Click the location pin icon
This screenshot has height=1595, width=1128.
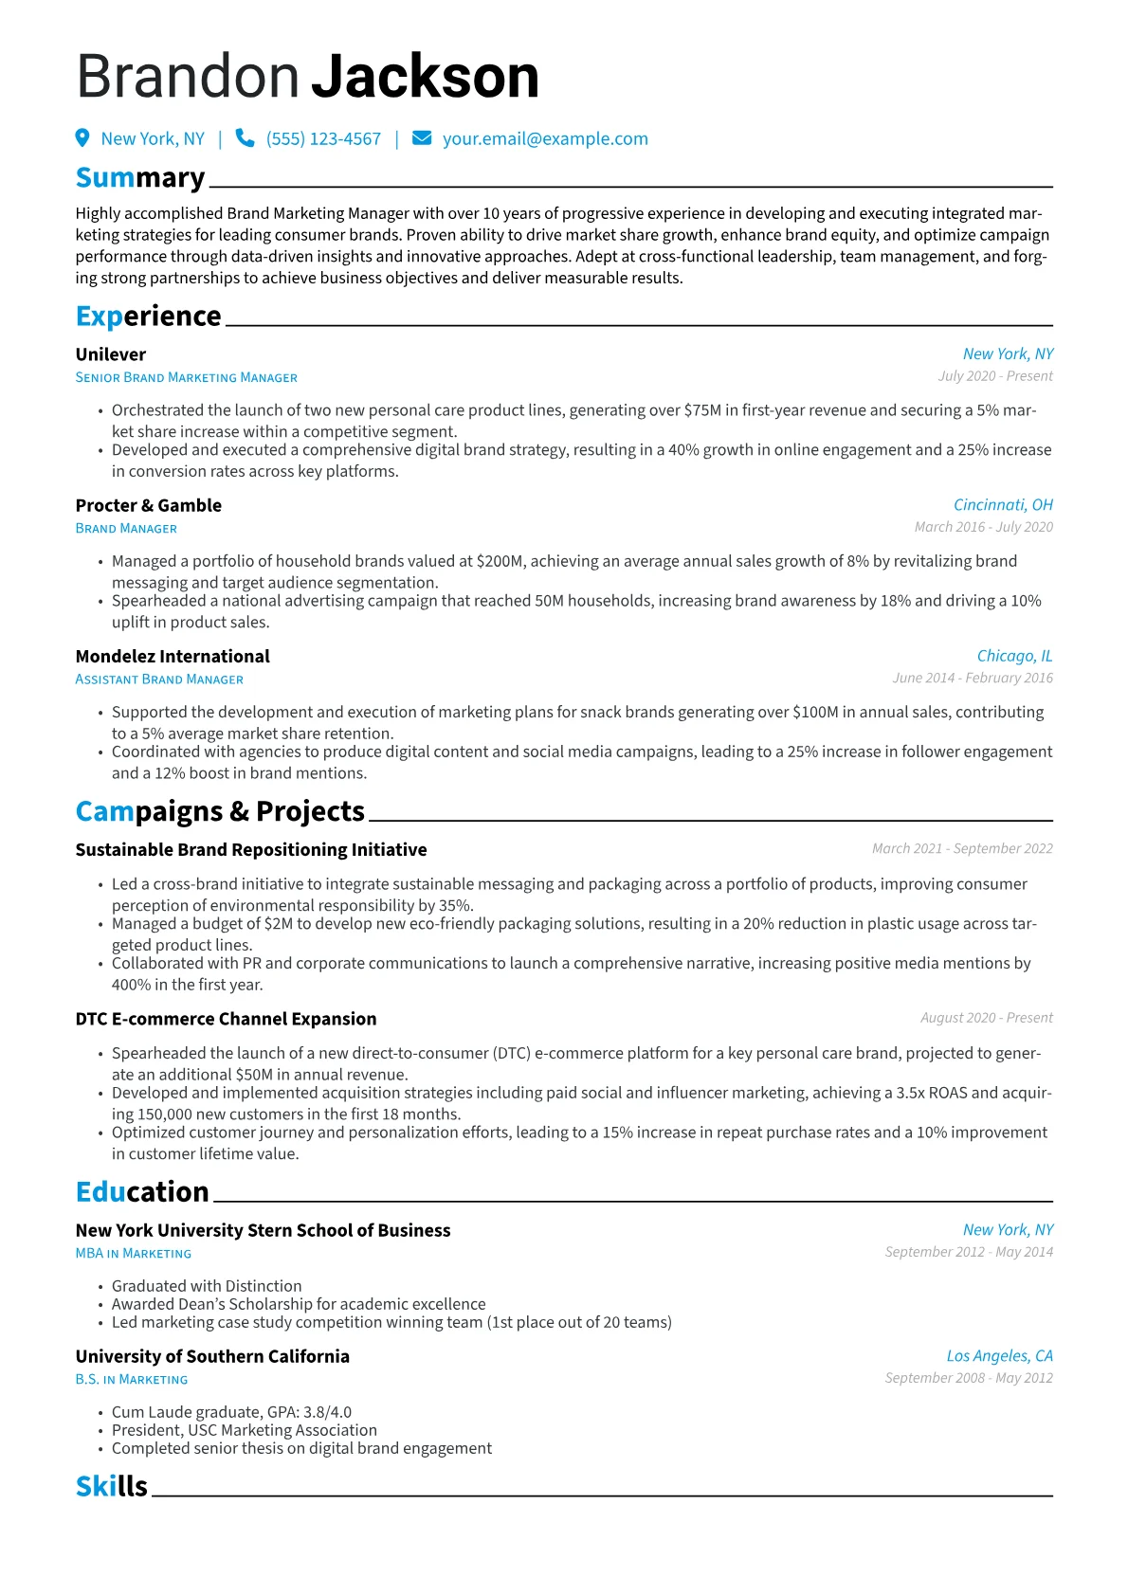click(82, 138)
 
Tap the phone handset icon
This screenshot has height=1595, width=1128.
click(245, 138)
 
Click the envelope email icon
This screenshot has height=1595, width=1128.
click(422, 138)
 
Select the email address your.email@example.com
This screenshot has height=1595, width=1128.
click(545, 139)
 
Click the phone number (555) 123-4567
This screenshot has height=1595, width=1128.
click(323, 139)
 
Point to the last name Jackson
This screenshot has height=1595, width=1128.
click(426, 77)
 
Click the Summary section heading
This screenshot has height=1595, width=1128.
click(140, 178)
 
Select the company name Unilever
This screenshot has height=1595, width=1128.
click(111, 354)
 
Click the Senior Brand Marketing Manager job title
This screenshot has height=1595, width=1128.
click(187, 377)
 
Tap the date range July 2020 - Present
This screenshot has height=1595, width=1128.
click(995, 376)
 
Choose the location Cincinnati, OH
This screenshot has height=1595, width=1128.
click(1003, 505)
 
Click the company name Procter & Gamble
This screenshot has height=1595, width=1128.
click(149, 505)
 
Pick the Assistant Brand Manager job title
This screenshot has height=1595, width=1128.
click(159, 680)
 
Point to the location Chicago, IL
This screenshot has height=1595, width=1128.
click(1014, 656)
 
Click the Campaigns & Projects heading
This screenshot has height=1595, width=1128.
click(220, 811)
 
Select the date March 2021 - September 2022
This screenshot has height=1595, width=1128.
click(962, 848)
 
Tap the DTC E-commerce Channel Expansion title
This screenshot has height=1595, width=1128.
click(226, 1019)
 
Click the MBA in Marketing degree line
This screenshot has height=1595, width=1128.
click(134, 1253)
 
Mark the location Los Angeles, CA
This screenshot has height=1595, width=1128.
click(999, 1356)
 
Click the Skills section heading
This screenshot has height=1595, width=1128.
click(112, 1486)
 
